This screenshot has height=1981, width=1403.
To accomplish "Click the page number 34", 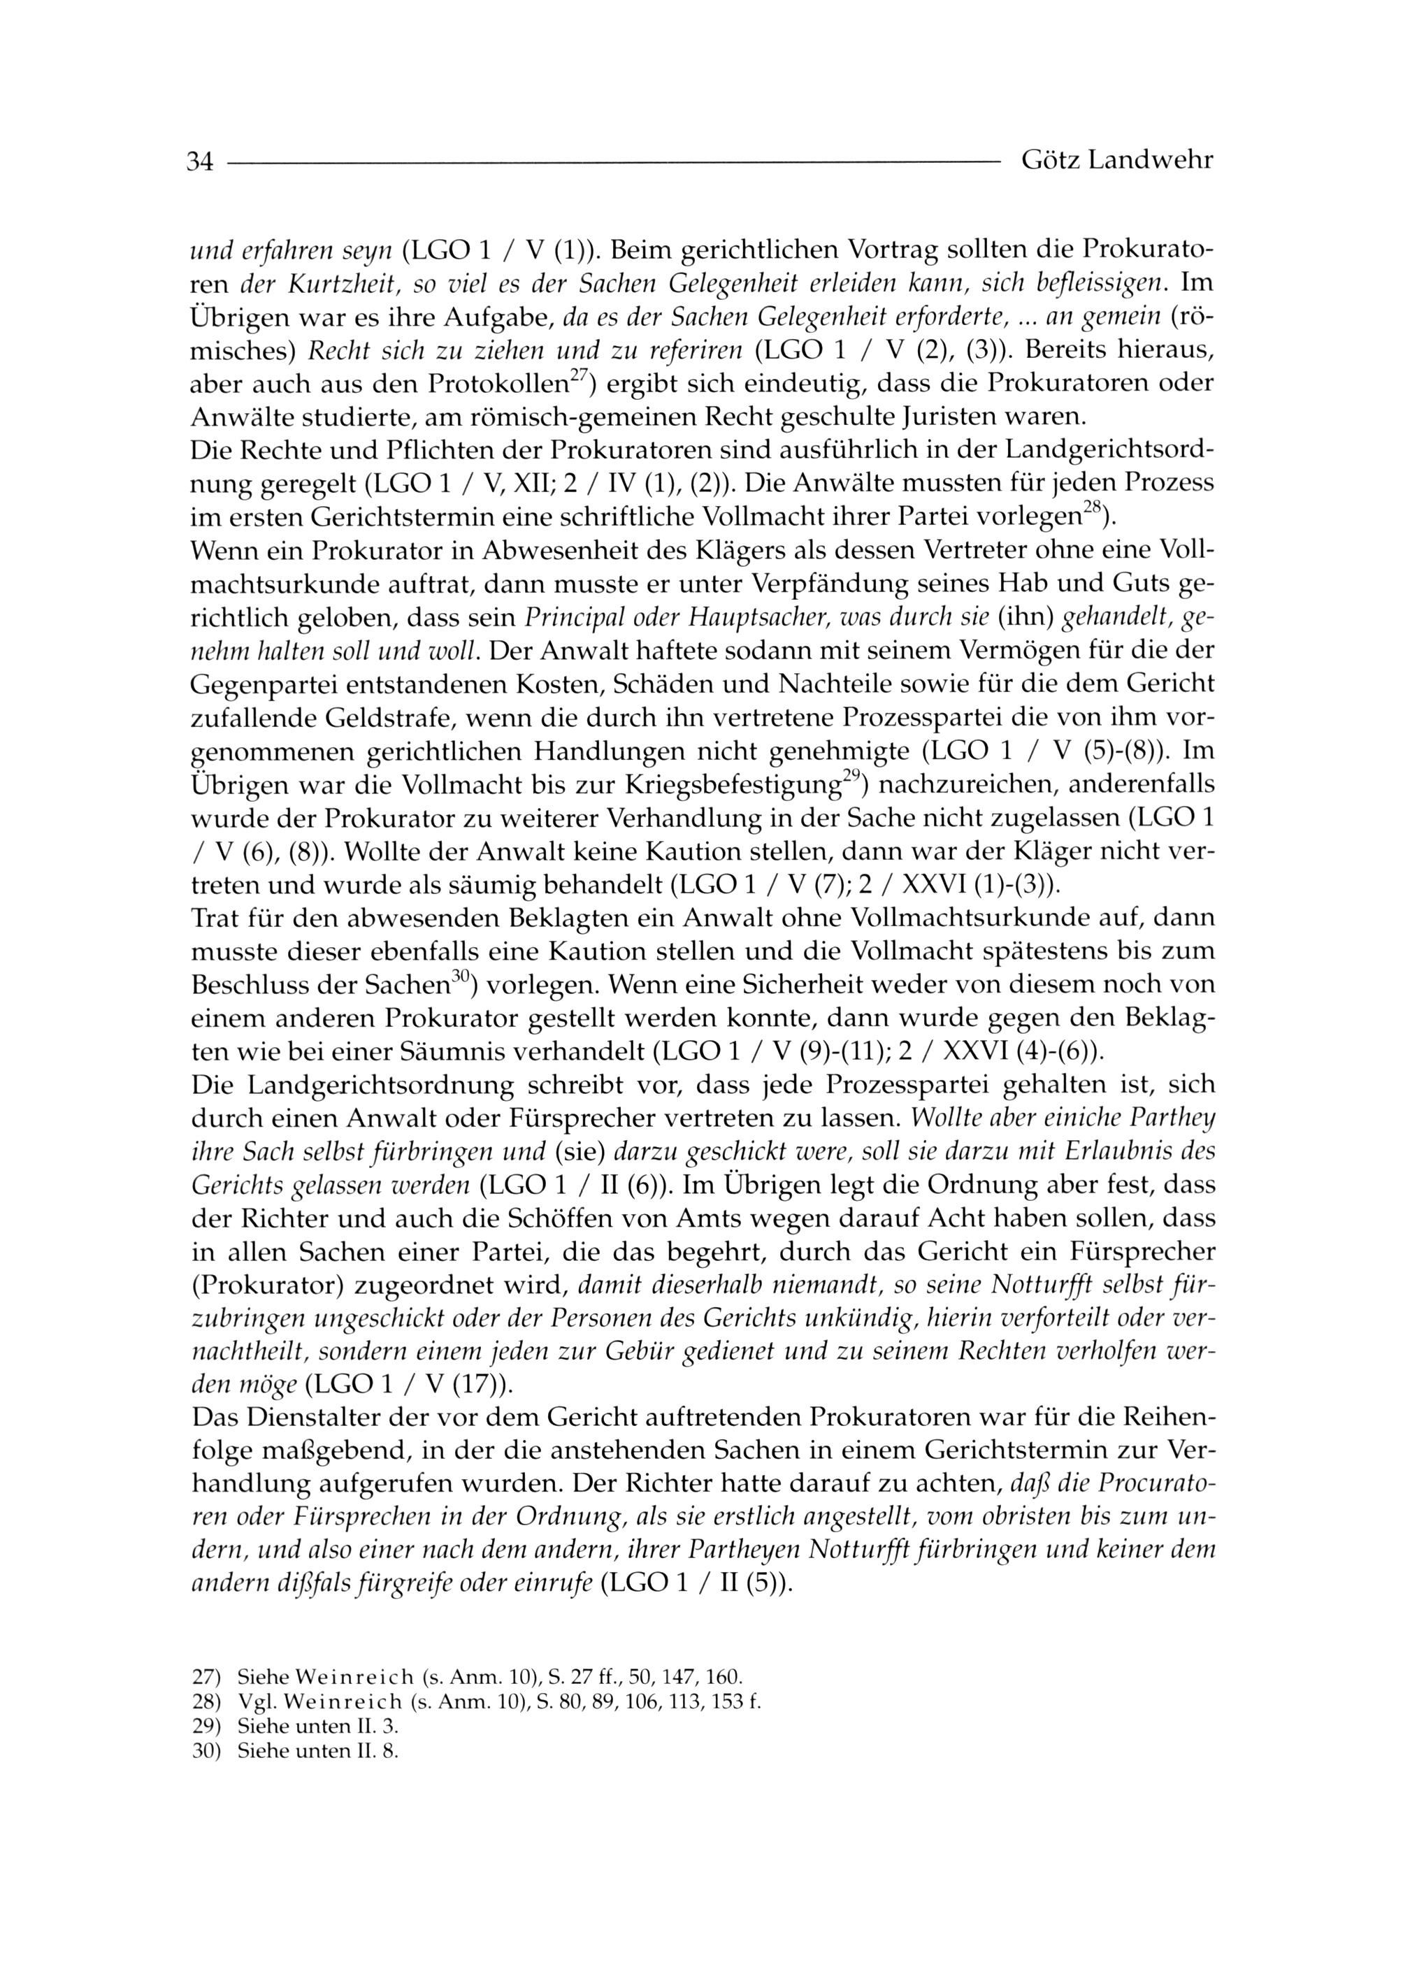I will pyautogui.click(x=199, y=161).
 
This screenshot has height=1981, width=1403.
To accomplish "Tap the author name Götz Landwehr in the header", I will pyautogui.click(x=1117, y=160).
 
